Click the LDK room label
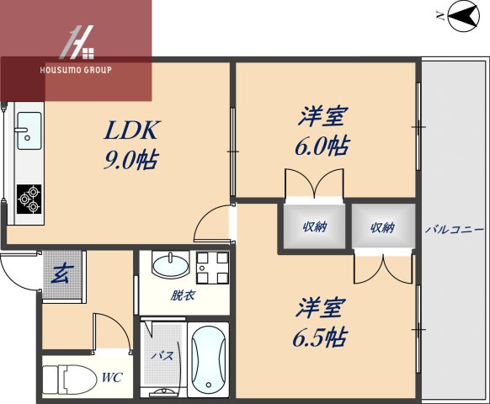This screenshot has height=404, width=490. coord(131,130)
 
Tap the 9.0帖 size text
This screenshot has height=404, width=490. coord(131,159)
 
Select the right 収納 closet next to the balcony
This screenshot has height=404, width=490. coord(381,226)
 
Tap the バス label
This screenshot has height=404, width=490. coord(162,356)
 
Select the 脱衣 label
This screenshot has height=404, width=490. coord(182,295)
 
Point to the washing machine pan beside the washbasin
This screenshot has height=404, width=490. coord(212,268)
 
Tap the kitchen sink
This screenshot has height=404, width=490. coord(30,130)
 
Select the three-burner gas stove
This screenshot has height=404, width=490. coord(29,199)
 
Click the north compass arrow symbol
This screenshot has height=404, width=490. coord(461,16)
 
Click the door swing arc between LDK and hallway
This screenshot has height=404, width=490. coord(207,222)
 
